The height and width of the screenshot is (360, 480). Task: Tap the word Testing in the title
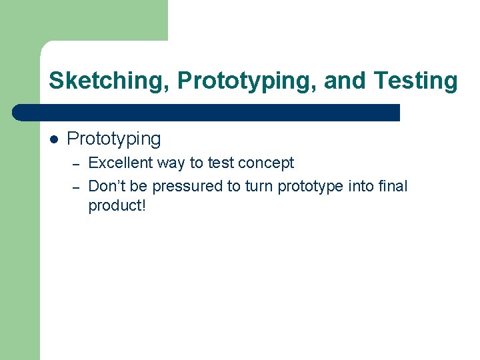pyautogui.click(x=416, y=81)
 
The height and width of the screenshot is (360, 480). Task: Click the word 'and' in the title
pyautogui.click(x=346, y=81)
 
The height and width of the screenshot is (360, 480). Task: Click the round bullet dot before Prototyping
pyautogui.click(x=54, y=139)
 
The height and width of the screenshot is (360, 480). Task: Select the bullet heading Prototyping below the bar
pyautogui.click(x=114, y=139)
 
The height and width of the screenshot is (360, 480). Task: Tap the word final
pyautogui.click(x=393, y=187)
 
